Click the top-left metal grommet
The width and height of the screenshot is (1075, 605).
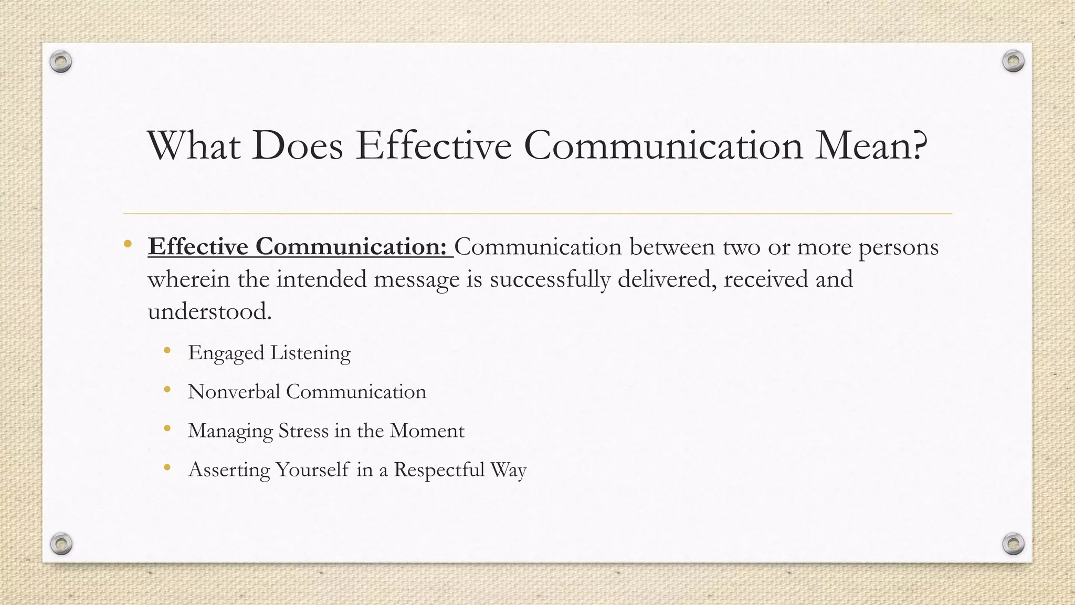(x=61, y=62)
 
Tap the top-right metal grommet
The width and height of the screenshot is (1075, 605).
(x=1013, y=61)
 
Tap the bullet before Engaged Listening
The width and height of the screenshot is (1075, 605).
(x=167, y=350)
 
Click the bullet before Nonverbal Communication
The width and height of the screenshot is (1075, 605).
(x=167, y=389)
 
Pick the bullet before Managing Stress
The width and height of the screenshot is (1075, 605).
(x=167, y=428)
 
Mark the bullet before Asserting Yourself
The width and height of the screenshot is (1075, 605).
(x=167, y=467)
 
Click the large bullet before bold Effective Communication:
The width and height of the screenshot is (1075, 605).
(x=128, y=244)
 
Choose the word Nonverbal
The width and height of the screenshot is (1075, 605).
(x=234, y=392)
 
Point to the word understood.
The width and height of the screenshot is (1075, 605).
(x=209, y=311)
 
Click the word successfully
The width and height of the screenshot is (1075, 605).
(x=550, y=279)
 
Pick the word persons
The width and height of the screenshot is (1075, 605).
(x=898, y=247)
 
